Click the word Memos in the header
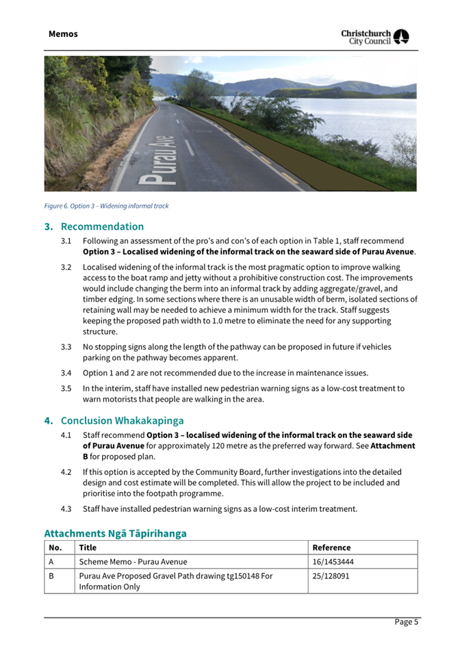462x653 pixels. [x=63, y=34]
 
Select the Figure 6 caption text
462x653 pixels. [x=106, y=206]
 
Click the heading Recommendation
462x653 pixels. [x=102, y=227]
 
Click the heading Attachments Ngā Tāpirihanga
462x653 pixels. [x=115, y=533]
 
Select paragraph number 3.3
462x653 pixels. [x=66, y=347]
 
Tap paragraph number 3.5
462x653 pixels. [x=66, y=389]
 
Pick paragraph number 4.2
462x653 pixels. [x=66, y=472]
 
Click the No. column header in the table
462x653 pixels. [x=55, y=548]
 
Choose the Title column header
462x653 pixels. [x=88, y=548]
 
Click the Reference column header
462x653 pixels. [x=332, y=548]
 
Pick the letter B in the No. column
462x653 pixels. [x=52, y=576]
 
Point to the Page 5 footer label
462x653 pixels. [x=406, y=622]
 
